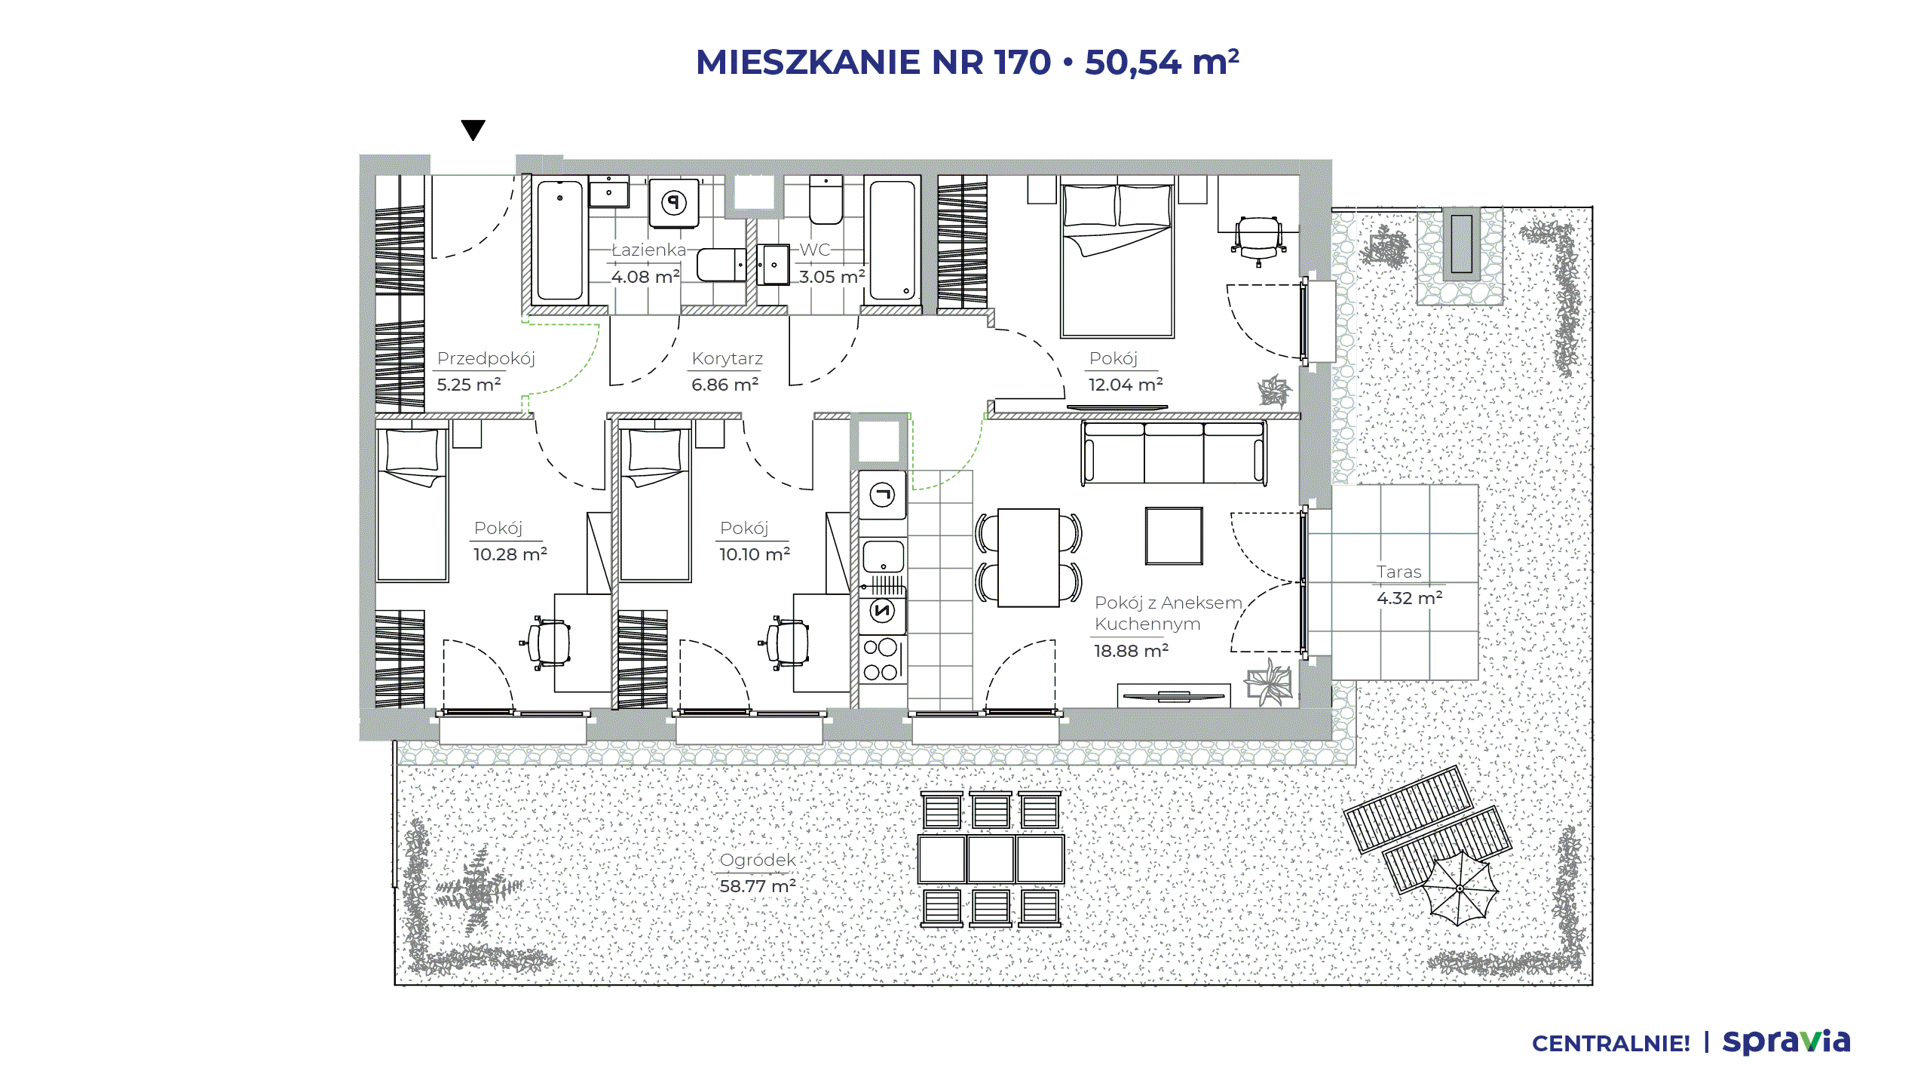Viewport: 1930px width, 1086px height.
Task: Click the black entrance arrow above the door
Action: point(473,130)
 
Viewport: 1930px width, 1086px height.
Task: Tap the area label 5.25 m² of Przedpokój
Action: point(469,385)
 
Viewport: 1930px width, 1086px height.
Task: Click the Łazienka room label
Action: point(648,250)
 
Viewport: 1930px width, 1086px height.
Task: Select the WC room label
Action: point(815,250)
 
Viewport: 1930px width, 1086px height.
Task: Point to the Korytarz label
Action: point(728,358)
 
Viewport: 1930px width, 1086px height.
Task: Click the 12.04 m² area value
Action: point(1126,385)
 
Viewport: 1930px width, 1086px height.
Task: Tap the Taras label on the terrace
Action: point(1399,572)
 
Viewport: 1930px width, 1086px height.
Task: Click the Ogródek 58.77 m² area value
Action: point(758,886)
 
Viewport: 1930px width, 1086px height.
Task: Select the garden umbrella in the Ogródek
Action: point(1460,888)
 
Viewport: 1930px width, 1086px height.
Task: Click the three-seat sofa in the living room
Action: point(1174,452)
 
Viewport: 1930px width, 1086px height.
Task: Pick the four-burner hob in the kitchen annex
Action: point(881,659)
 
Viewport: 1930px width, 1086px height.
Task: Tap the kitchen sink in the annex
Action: point(883,557)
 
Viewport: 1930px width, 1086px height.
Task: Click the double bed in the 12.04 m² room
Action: point(1117,256)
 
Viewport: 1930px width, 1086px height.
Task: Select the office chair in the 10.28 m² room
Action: point(545,643)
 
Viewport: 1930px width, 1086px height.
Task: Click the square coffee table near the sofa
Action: point(1174,535)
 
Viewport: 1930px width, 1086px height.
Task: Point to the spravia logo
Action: point(1787,1042)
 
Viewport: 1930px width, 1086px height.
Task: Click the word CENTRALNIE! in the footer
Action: point(1611,1044)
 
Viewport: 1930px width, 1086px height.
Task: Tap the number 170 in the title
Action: point(1023,62)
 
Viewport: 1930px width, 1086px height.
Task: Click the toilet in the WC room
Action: point(826,200)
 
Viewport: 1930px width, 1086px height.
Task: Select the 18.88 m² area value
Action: point(1132,651)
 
